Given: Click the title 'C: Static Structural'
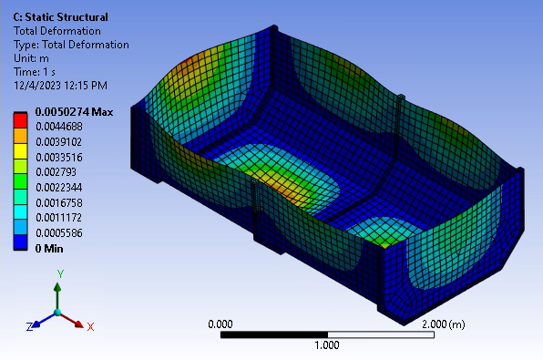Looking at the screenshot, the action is (x=61, y=17).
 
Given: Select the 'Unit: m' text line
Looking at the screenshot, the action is (x=31, y=58).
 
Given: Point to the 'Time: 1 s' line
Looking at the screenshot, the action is (x=35, y=72).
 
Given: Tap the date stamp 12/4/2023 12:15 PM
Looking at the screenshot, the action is (x=61, y=86).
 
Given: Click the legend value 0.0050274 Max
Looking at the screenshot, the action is (x=74, y=112).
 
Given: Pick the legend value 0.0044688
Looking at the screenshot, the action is (x=59, y=127).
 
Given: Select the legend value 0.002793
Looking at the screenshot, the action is (x=56, y=172).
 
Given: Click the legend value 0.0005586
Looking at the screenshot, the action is (x=59, y=232).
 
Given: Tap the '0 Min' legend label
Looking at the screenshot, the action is (x=49, y=249).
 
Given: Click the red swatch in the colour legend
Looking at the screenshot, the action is (x=20, y=120).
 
